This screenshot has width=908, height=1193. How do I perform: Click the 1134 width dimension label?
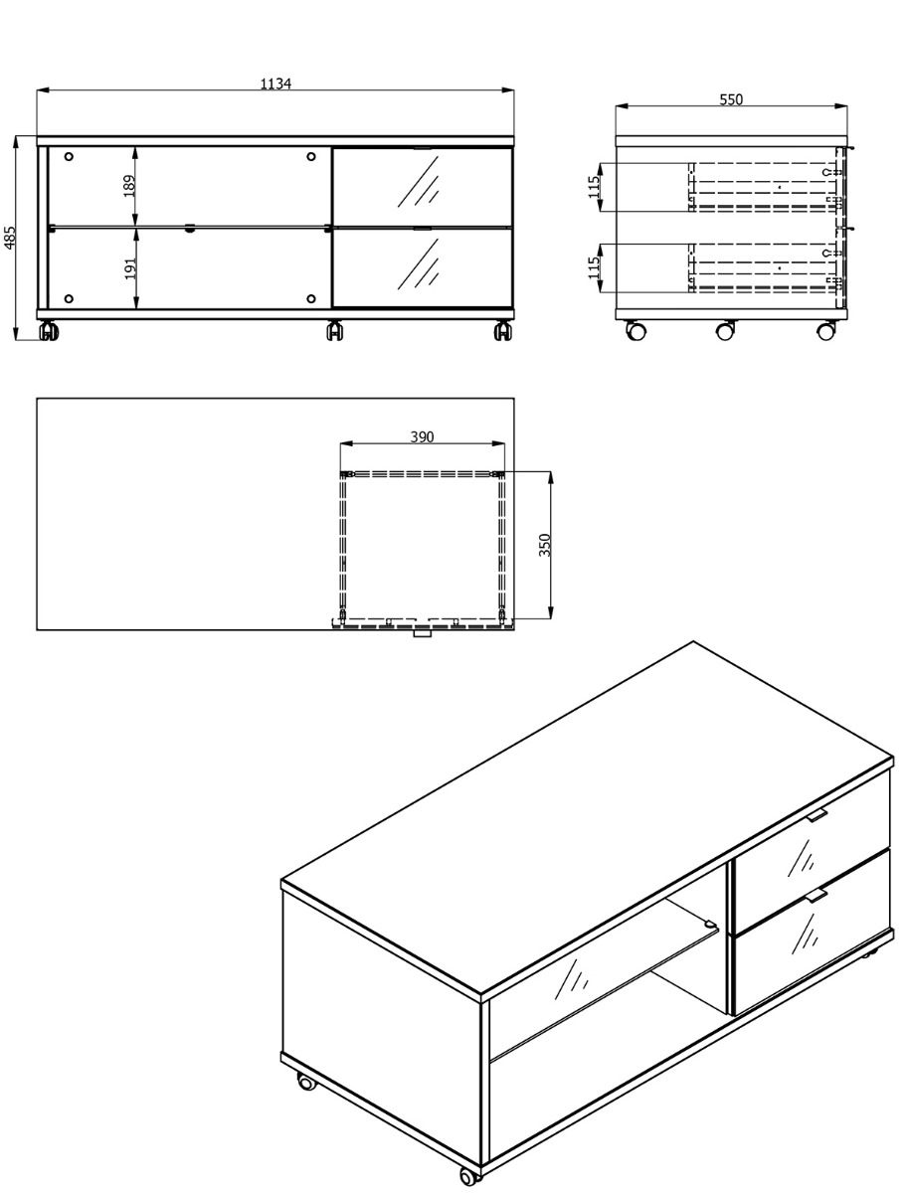pos(275,84)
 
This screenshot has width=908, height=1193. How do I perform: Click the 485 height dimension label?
pos(10,238)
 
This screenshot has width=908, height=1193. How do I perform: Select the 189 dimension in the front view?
pos(129,186)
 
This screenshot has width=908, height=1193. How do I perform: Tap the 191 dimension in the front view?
pos(130,268)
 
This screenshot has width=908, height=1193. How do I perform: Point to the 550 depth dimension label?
pos(731,99)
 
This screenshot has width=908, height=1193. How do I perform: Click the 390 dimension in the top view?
pos(422,437)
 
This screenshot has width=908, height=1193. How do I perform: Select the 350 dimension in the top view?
pos(545,545)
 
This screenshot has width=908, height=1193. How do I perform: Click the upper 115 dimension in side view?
pos(594,187)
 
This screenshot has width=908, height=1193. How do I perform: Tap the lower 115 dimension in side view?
pos(594,267)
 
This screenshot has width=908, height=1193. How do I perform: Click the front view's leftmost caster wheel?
pos(49,331)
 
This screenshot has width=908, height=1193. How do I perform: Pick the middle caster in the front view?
pos(335,331)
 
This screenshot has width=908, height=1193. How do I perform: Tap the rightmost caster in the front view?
pos(503,331)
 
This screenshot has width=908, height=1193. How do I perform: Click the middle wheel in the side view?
pos(725,330)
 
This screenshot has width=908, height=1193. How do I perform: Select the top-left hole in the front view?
pos(69,156)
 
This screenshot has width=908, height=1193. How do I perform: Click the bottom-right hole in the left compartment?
pos(311,299)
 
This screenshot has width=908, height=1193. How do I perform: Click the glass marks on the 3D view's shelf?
pos(572,979)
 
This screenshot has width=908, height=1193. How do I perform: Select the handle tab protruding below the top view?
pos(422,633)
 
